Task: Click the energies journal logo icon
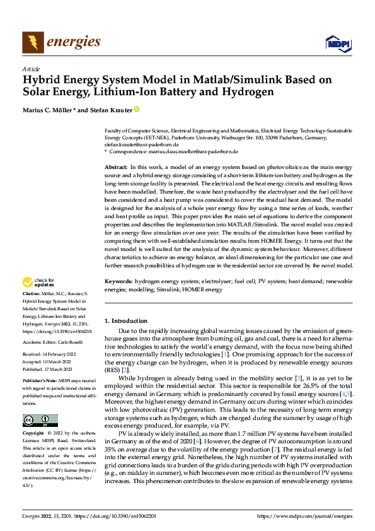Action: coord(33,42)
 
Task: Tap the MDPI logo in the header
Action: coord(337,42)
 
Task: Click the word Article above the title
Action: coord(30,69)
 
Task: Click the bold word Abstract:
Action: coord(117,165)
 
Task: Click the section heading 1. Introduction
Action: coord(126,321)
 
